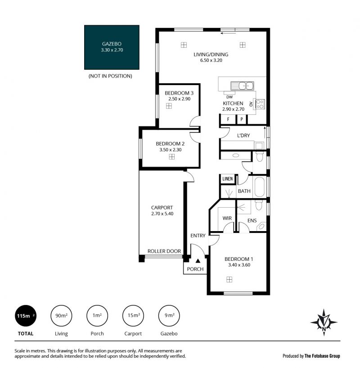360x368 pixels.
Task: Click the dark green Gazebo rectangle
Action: tap(112, 47)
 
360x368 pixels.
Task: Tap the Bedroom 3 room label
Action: tap(179, 93)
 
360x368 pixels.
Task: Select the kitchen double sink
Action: tap(242, 86)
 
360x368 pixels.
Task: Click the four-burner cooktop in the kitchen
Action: tap(260, 104)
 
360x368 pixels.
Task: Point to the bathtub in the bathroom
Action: tap(259, 187)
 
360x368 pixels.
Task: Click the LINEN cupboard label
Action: tap(228, 179)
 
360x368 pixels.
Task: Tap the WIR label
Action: tap(227, 218)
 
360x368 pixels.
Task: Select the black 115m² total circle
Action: tap(26, 316)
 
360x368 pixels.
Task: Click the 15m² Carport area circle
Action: tap(133, 316)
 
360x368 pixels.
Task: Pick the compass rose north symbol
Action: tap(324, 322)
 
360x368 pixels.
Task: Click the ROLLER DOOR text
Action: tap(164, 251)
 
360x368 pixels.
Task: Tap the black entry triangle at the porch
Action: tap(198, 260)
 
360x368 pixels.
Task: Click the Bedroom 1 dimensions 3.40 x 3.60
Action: tap(239, 265)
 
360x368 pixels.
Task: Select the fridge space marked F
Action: tap(228, 119)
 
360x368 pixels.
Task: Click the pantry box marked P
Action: tap(242, 119)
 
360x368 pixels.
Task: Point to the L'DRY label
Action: tap(243, 136)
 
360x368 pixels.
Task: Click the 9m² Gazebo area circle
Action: tap(169, 316)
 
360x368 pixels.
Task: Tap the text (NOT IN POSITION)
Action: tap(110, 76)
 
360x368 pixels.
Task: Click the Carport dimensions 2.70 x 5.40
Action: tap(162, 214)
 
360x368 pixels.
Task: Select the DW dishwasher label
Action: tap(229, 97)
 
